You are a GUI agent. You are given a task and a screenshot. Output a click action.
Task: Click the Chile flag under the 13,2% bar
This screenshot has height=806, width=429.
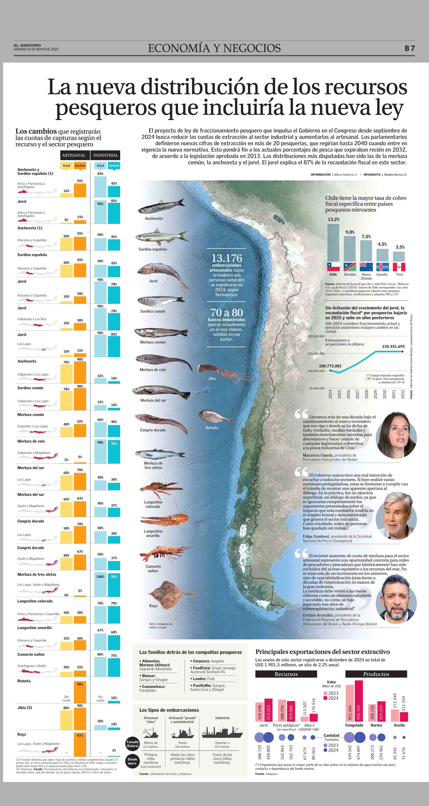click(333, 267)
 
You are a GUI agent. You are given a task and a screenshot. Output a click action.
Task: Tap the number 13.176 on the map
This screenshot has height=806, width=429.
click(227, 258)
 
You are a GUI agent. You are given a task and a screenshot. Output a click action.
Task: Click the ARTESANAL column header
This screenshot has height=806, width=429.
click(74, 155)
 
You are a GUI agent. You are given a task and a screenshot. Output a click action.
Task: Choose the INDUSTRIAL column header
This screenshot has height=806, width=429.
click(106, 155)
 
